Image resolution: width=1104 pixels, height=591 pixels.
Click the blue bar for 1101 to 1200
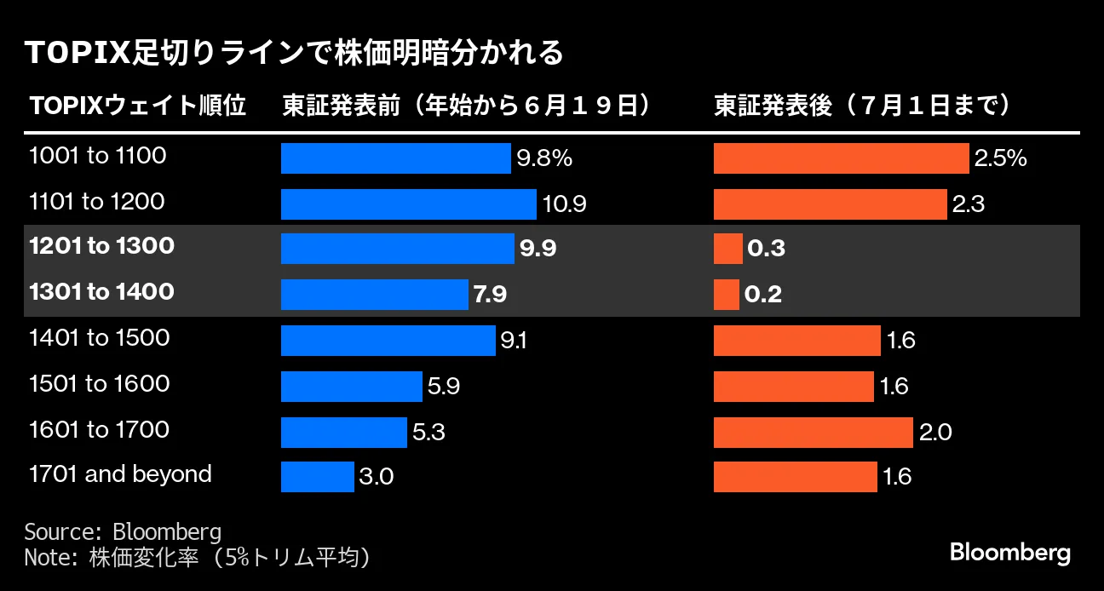click(409, 204)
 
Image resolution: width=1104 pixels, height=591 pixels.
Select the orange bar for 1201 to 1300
click(727, 249)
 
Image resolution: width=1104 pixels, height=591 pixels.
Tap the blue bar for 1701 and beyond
click(317, 476)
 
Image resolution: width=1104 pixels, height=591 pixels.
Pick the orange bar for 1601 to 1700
click(813, 432)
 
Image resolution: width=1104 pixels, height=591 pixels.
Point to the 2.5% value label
click(1000, 158)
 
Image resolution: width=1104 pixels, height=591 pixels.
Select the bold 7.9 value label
click(490, 295)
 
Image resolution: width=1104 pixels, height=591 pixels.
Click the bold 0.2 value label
click(763, 295)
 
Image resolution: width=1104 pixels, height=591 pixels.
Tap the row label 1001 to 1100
click(97, 156)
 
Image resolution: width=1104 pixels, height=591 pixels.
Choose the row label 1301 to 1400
click(101, 292)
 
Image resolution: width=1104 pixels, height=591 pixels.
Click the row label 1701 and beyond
click(120, 473)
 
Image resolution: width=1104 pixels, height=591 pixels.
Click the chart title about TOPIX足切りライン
click(295, 53)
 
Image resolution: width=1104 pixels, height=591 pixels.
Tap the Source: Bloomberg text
click(123, 532)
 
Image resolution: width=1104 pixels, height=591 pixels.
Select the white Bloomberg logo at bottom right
click(1009, 553)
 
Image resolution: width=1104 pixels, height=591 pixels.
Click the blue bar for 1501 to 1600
click(352, 386)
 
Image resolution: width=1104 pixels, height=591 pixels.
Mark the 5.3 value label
click(428, 432)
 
